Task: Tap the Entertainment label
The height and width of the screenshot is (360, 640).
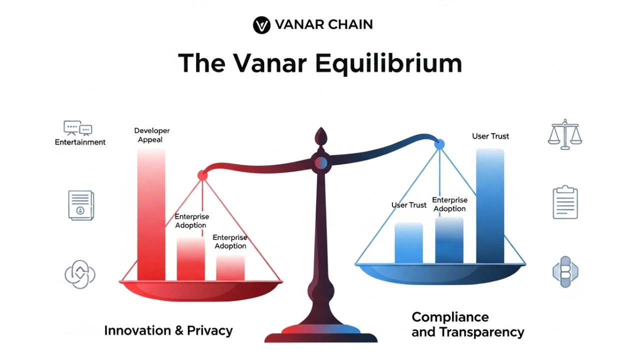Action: [80, 142]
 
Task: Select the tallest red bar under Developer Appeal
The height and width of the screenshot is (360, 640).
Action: [151, 215]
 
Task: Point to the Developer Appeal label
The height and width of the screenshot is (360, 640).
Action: [152, 135]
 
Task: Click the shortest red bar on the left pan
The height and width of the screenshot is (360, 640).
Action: [230, 268]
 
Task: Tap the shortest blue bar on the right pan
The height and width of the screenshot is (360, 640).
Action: [408, 243]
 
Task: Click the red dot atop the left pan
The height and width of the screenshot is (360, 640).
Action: [202, 175]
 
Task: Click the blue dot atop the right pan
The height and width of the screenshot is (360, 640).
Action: [439, 144]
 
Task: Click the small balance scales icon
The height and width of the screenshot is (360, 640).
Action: [565, 134]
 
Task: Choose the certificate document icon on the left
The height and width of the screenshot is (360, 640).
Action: [80, 204]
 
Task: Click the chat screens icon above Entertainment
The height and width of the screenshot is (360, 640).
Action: [78, 128]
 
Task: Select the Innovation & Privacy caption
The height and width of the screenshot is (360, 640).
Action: [168, 330]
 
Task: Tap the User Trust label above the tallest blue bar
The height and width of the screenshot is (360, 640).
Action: [490, 136]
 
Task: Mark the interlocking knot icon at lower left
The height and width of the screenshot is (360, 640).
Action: [80, 274]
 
